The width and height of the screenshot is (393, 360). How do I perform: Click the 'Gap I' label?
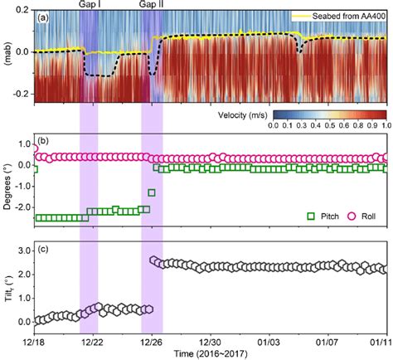(90, 5)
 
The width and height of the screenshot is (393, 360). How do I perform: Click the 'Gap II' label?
(151, 5)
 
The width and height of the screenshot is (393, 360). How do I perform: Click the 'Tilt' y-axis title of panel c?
(7, 285)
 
